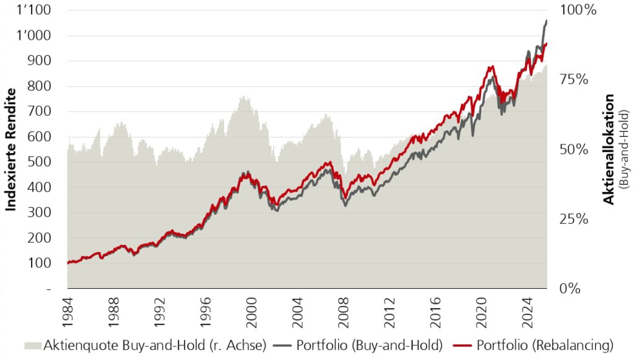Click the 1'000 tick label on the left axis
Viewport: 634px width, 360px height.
(x=34, y=35)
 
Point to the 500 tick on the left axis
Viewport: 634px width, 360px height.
(x=39, y=162)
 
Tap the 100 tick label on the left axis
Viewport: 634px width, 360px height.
(x=39, y=263)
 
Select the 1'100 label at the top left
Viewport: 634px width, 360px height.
(x=34, y=10)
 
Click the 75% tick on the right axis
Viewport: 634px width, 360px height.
(x=574, y=79)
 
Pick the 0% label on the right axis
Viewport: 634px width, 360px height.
(x=570, y=288)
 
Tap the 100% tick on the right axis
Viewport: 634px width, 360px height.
(x=578, y=10)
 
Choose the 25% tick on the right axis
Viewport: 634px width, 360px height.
(x=574, y=219)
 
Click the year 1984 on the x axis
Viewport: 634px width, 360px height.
(x=67, y=312)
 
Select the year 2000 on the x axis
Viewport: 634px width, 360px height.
(x=251, y=312)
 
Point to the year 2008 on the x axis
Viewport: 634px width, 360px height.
(x=343, y=312)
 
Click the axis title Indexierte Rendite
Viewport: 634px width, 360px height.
(x=11, y=150)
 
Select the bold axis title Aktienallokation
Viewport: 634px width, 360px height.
(x=608, y=149)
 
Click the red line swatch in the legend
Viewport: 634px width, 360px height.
(x=462, y=346)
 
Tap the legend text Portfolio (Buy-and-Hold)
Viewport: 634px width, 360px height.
(x=370, y=345)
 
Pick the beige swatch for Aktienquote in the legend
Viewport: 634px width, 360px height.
(x=33, y=346)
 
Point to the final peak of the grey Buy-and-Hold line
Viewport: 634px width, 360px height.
(x=547, y=20)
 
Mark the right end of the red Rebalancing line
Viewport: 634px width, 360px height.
(x=547, y=43)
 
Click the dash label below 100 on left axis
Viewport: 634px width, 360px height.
(x=49, y=289)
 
